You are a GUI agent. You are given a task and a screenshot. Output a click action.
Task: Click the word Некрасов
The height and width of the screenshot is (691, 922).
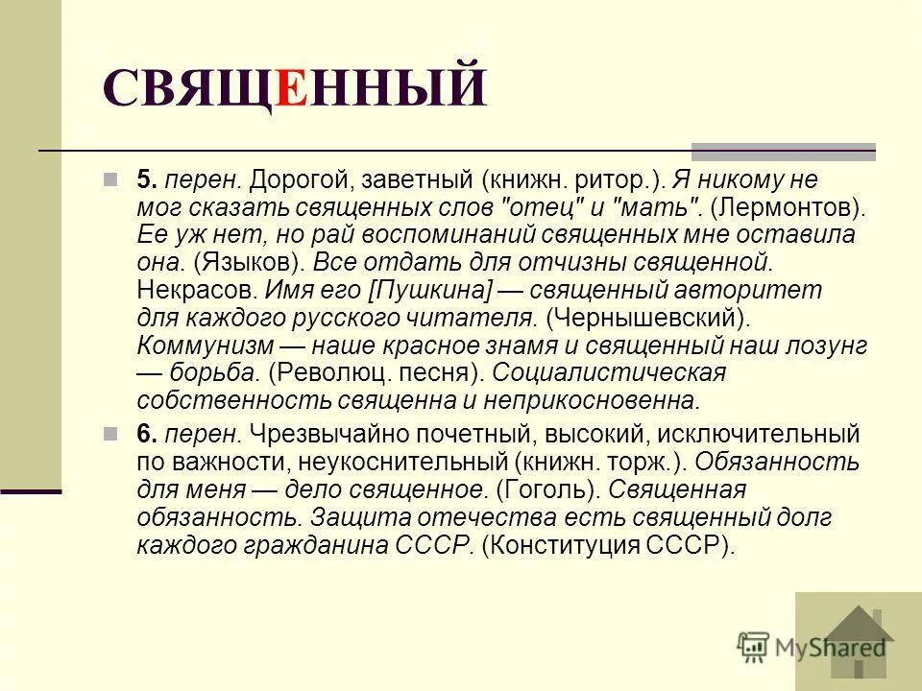click(186, 289)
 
